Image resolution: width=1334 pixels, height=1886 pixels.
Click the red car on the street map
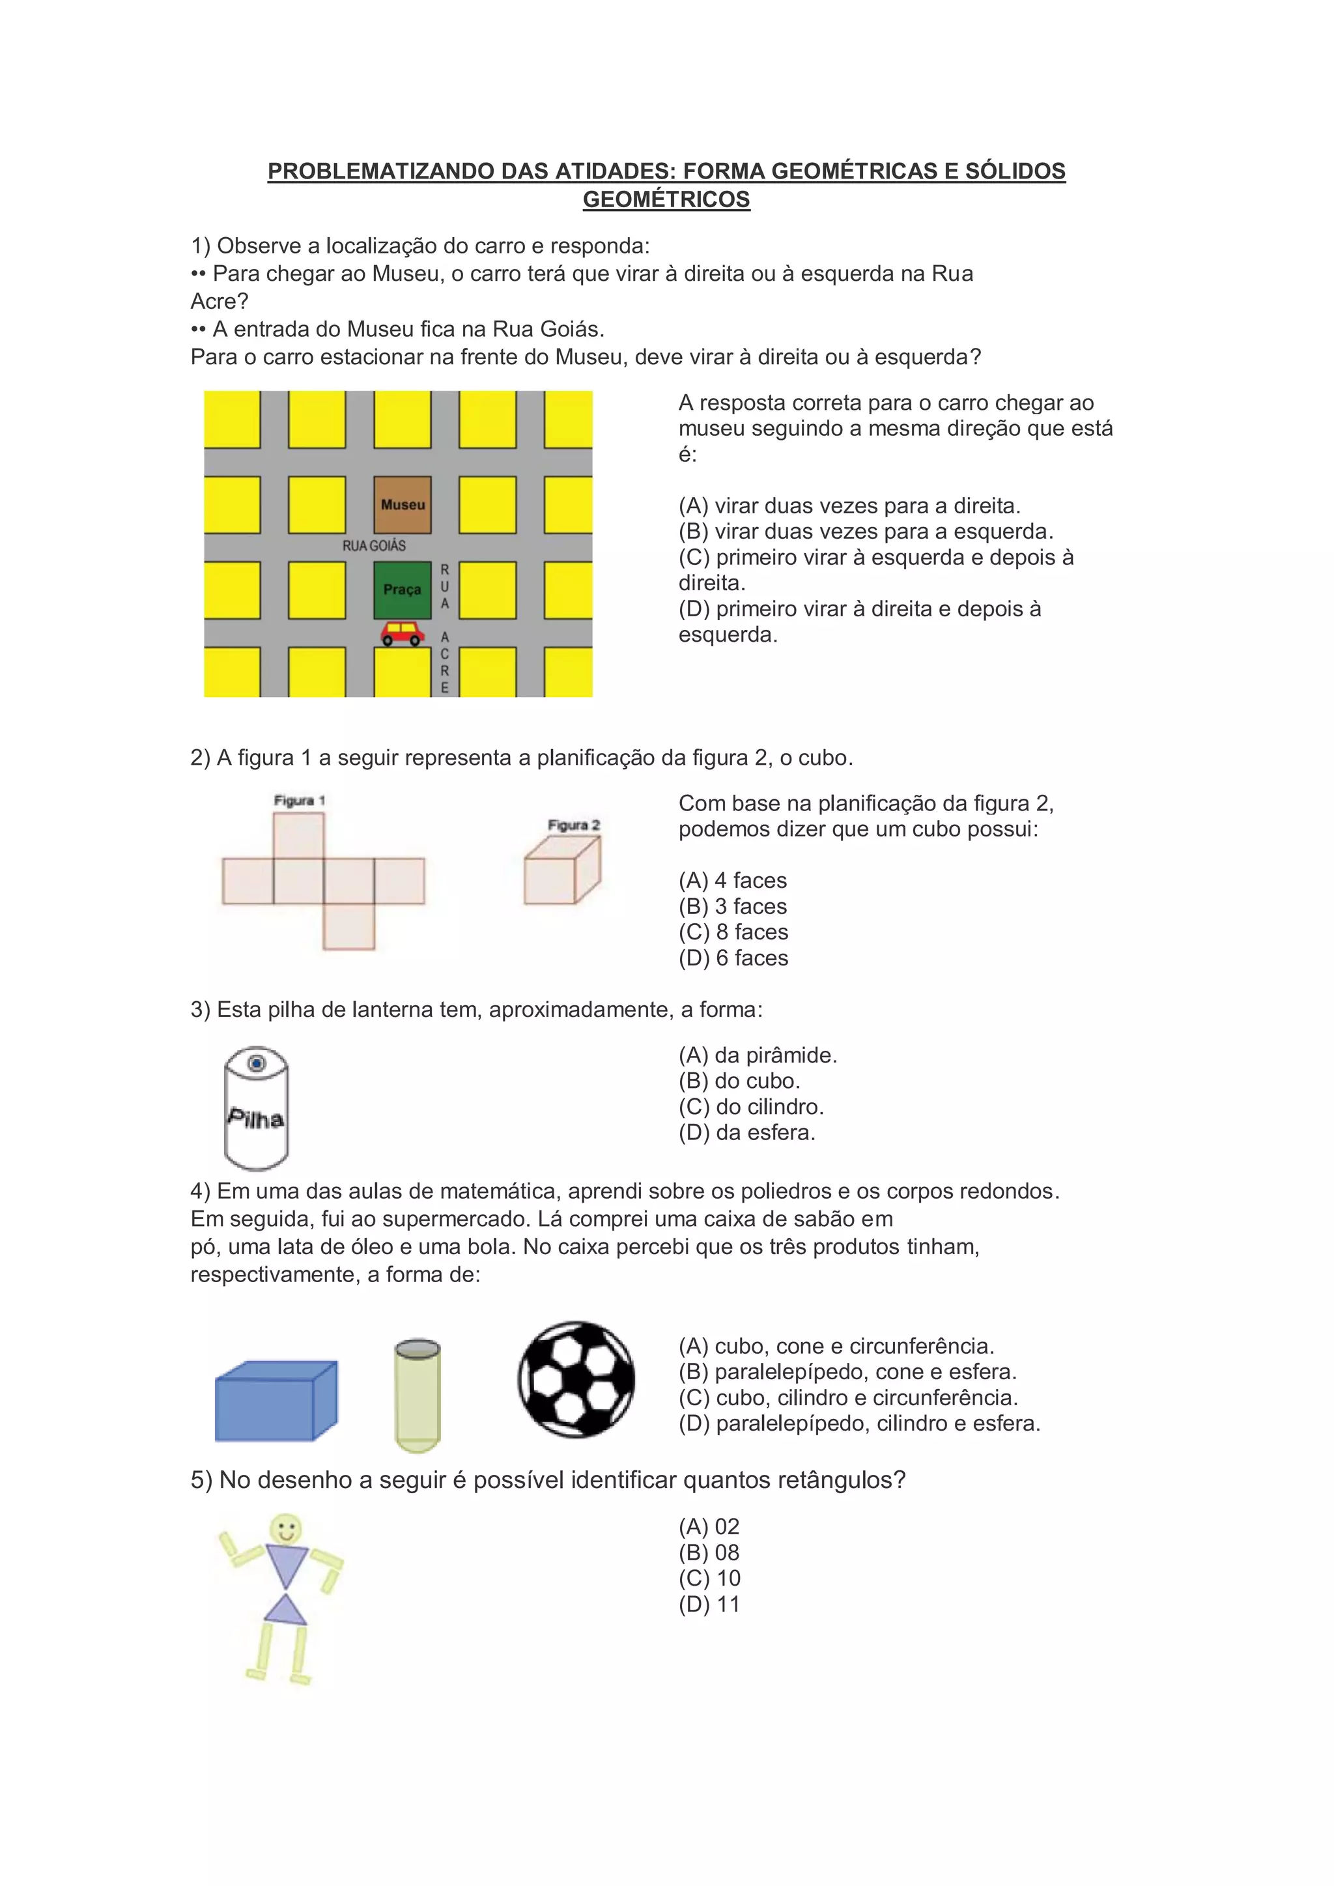point(403,633)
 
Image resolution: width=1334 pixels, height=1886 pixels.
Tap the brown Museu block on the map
point(403,504)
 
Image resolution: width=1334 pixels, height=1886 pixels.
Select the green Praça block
point(403,590)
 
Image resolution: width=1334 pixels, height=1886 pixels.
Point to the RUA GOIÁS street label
point(374,545)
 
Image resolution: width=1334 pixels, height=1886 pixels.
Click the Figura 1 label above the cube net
point(299,800)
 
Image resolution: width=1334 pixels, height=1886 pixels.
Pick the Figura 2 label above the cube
point(573,825)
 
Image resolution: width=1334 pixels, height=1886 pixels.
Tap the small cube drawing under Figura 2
point(562,871)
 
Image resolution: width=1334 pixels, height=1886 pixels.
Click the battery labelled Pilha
point(256,1107)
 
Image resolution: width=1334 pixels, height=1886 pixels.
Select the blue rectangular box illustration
point(276,1401)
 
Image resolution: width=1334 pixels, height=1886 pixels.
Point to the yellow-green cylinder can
point(418,1395)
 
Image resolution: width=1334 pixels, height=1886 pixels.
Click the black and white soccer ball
point(576,1379)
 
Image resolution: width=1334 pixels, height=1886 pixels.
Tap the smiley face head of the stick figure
point(286,1530)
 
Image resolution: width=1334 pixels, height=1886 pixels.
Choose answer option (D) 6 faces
point(733,958)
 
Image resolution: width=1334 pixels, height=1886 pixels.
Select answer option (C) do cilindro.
point(751,1106)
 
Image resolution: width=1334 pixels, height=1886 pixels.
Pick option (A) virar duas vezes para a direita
point(849,505)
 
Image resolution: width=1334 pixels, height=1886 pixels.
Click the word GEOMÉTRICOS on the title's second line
point(666,199)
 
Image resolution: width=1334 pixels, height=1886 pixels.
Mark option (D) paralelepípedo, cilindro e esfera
point(859,1423)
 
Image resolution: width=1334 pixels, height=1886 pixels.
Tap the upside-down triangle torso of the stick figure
point(287,1565)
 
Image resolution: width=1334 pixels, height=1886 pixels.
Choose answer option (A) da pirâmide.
point(758,1055)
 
